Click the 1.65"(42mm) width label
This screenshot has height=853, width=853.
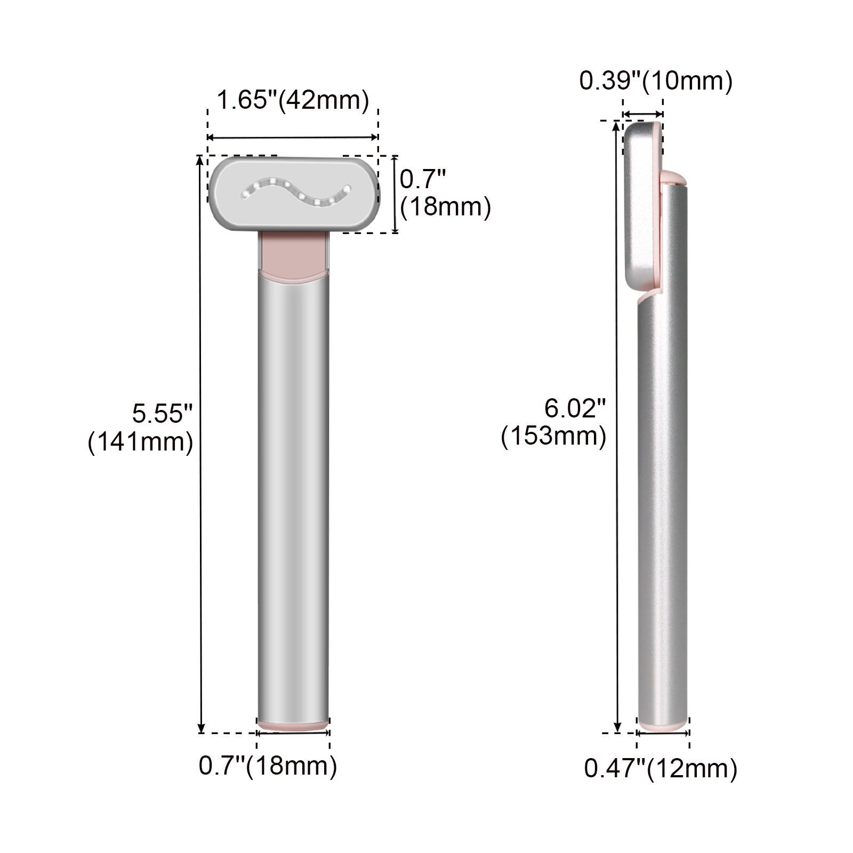click(293, 101)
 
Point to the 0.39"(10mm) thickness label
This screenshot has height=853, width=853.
click(656, 82)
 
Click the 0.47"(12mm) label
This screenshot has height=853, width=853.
click(661, 769)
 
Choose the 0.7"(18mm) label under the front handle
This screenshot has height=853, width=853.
click(268, 766)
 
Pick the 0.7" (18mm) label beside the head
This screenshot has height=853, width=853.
click(445, 193)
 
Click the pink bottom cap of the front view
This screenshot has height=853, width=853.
click(293, 725)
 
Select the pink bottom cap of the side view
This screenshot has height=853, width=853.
click(663, 726)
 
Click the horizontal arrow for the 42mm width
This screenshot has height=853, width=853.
click(293, 138)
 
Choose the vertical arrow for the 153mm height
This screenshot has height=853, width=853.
click(617, 426)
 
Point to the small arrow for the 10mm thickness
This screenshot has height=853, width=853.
click(643, 114)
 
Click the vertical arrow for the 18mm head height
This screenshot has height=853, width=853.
click(395, 194)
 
